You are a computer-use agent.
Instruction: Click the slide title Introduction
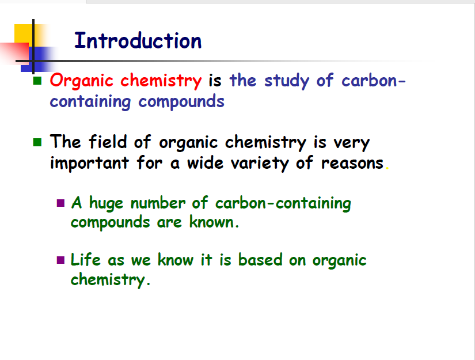[138, 40]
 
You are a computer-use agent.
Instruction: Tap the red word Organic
[82, 81]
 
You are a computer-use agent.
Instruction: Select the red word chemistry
[161, 81]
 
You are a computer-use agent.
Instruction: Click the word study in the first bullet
[287, 81]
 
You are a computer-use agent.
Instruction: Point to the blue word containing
[90, 102]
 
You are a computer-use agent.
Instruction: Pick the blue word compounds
[181, 102]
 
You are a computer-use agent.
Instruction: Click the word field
[108, 141]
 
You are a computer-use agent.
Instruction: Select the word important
[89, 163]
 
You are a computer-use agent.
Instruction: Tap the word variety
[260, 164]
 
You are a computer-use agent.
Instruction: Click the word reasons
[352, 164]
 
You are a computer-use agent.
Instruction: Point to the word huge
[106, 203]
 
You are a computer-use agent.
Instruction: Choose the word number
[158, 202]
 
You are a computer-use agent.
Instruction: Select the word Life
[85, 259]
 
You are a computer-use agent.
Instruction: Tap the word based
[260, 259]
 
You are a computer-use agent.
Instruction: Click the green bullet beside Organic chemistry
[37, 81]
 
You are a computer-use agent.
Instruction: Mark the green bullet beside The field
[37, 142]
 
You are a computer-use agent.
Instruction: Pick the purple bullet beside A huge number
[60, 203]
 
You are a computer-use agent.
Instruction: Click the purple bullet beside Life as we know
[60, 260]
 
